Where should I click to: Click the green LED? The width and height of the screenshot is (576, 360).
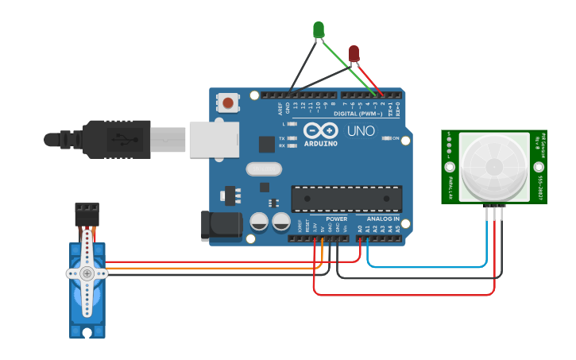(x=319, y=29)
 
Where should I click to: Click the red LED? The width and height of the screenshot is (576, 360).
(x=354, y=53)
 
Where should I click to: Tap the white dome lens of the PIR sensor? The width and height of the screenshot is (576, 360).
(x=493, y=166)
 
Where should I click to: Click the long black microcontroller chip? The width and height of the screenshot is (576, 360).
(x=346, y=199)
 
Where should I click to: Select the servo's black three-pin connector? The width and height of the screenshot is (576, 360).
(x=87, y=213)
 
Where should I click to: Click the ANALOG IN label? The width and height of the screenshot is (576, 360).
(x=383, y=219)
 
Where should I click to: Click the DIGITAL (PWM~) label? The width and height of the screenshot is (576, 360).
(x=356, y=114)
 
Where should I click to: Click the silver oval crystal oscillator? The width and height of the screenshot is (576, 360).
(x=264, y=168)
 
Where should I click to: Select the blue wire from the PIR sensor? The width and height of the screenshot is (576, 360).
(x=429, y=267)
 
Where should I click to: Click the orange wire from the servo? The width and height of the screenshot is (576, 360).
(x=207, y=269)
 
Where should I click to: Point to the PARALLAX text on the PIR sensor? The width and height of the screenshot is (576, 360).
(x=450, y=188)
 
